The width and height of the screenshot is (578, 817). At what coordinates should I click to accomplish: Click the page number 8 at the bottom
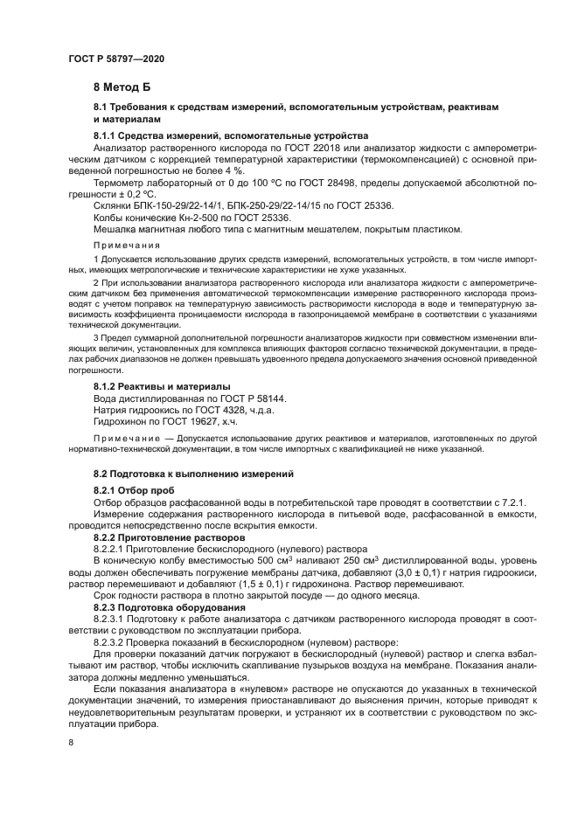(x=71, y=743)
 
